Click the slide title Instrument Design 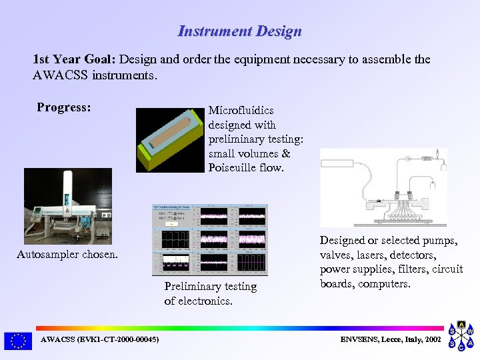(x=239, y=31)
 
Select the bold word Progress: (x=64, y=107)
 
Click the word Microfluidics (x=241, y=110)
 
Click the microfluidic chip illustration (x=169, y=140)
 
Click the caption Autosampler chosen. (x=67, y=254)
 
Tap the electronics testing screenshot (x=210, y=239)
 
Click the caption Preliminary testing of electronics (x=210, y=293)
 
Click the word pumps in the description (x=441, y=241)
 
